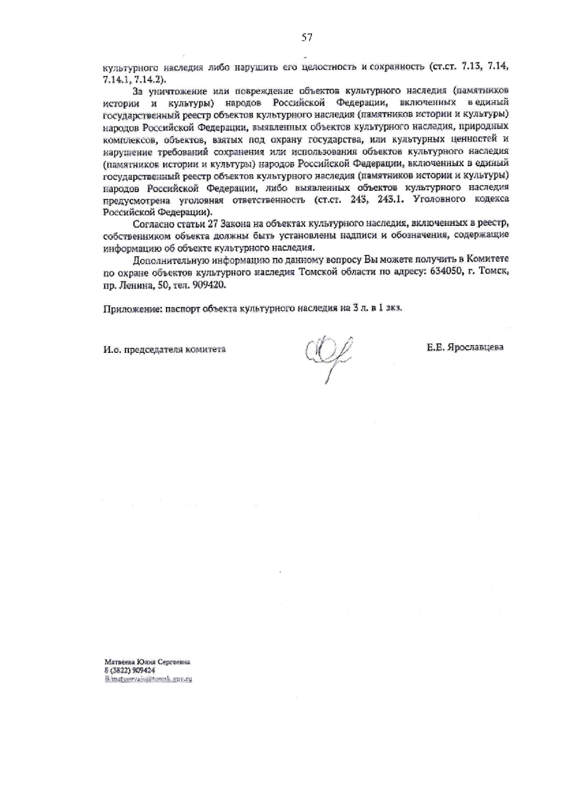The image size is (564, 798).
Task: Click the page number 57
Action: (307, 38)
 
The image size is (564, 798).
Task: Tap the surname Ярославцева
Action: (475, 347)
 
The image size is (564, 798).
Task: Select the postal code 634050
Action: (445, 272)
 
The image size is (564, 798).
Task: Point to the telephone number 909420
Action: (209, 285)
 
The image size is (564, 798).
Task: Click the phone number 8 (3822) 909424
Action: (130, 671)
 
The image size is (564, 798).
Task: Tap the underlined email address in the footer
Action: (148, 678)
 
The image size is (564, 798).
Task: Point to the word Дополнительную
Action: (171, 260)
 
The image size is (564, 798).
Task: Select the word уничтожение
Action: (178, 91)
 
